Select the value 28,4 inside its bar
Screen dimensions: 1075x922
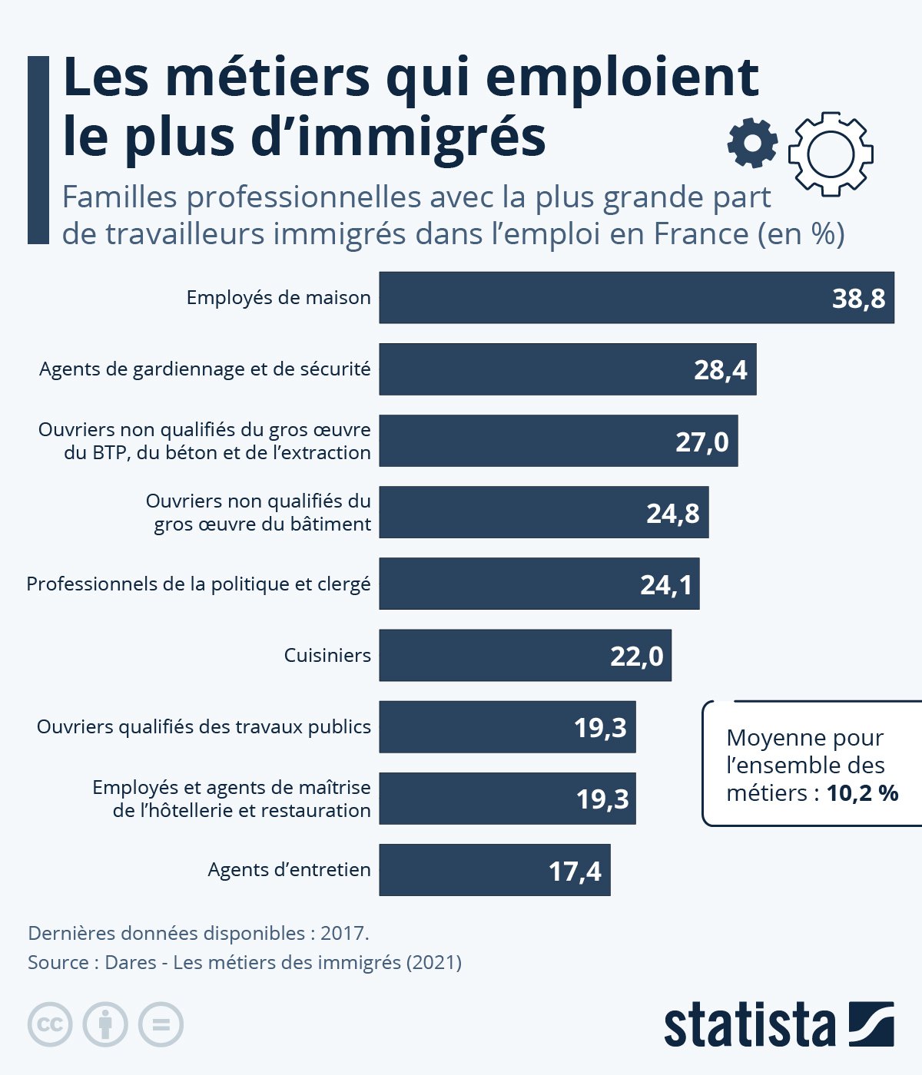pyautogui.click(x=720, y=370)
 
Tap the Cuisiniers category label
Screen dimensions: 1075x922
pyautogui.click(x=327, y=656)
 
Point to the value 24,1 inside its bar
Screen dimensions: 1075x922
pyautogui.click(x=666, y=585)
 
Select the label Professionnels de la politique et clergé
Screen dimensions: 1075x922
pyautogui.click(x=198, y=584)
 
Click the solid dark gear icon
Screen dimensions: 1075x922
pyautogui.click(x=752, y=144)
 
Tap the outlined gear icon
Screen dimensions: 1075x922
pyautogui.click(x=831, y=153)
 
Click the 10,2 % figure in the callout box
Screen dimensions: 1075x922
pyautogui.click(x=862, y=793)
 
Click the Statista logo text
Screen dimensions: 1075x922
pyautogui.click(x=749, y=1025)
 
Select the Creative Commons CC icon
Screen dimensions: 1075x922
pyautogui.click(x=50, y=1024)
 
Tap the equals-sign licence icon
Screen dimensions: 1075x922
pyautogui.click(x=161, y=1024)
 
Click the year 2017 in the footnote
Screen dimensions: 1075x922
pyautogui.click(x=343, y=934)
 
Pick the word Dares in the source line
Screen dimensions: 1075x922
pyautogui.click(x=131, y=962)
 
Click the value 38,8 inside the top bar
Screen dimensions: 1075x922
pyautogui.click(x=858, y=298)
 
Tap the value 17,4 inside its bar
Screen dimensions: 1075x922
pyautogui.click(x=575, y=872)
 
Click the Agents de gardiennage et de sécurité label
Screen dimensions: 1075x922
pyautogui.click(x=204, y=369)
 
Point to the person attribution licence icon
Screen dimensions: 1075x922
pyautogui.click(x=105, y=1024)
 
